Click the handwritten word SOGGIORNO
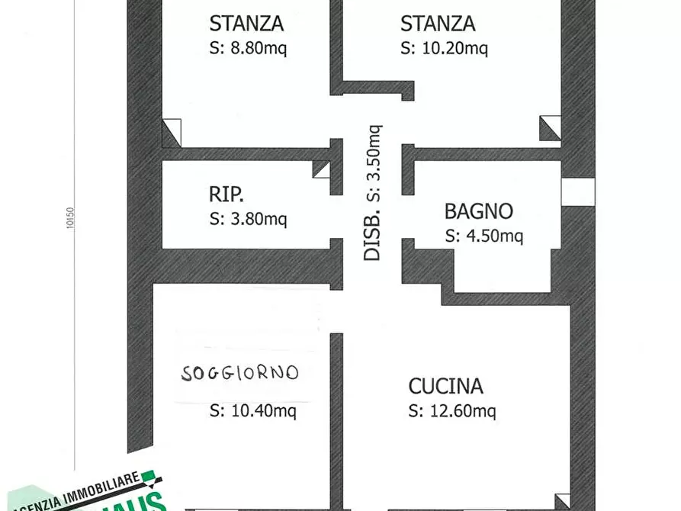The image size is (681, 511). (240, 373)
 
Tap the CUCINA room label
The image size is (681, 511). (445, 386)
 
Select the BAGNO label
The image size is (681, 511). (479, 211)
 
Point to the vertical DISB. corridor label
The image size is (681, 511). (372, 193)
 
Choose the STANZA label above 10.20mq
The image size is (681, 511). (438, 24)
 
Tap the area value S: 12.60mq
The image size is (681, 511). (452, 411)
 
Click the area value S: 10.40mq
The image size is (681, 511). (253, 411)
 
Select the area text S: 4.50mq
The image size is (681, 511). (483, 236)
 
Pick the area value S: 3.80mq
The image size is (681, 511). (248, 220)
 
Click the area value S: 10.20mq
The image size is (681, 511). (444, 48)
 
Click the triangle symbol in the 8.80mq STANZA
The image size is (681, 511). (172, 133)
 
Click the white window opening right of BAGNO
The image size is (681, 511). (577, 191)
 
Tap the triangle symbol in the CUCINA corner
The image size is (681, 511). (563, 502)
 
